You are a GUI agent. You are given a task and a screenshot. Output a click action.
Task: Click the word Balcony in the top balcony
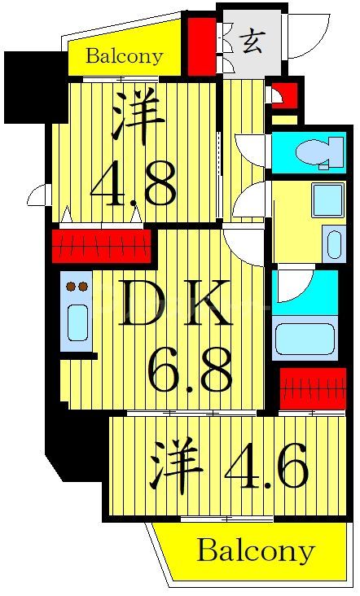point(124,57)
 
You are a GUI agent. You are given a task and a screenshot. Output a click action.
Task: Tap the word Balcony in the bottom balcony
point(255,551)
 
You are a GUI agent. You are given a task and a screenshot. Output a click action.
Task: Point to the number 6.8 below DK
point(192,370)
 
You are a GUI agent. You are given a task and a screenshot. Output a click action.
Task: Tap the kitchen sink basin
point(77,322)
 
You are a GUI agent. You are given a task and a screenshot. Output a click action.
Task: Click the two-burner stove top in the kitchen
point(77,287)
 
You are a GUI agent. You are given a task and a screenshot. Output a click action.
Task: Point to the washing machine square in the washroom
point(327,200)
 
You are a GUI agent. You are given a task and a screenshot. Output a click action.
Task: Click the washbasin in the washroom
point(332,243)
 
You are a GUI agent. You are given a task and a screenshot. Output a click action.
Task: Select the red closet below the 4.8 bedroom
point(102,243)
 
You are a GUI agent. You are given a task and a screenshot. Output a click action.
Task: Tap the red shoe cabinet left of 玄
point(198,45)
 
